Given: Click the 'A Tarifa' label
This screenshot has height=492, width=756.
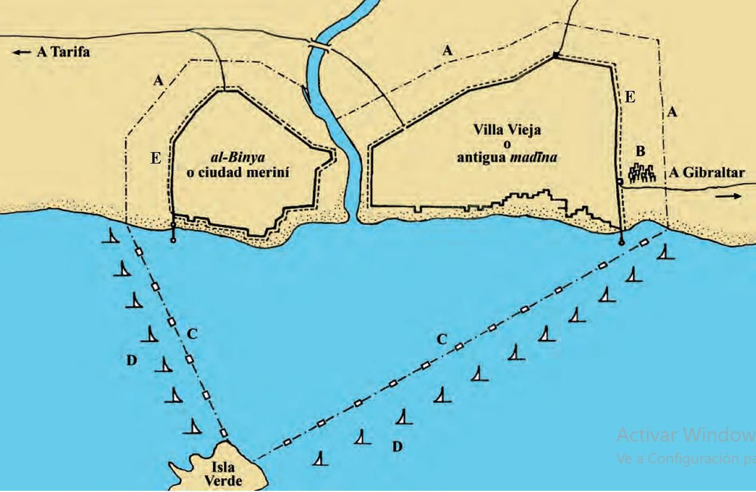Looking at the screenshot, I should pyautogui.click(x=63, y=51).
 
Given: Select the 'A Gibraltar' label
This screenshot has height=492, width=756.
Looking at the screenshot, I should pyautogui.click(x=706, y=173).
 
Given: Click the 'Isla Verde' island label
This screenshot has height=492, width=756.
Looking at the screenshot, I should pyautogui.click(x=223, y=474).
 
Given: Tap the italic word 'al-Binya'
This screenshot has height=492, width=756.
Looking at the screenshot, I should pyautogui.click(x=238, y=157).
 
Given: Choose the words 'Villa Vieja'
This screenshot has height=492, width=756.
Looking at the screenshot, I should pyautogui.click(x=507, y=129).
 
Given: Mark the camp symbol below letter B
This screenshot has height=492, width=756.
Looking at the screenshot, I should pyautogui.click(x=642, y=173).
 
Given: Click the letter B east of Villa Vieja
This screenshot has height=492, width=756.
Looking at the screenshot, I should pyautogui.click(x=640, y=151).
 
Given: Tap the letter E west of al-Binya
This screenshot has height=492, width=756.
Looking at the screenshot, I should pyautogui.click(x=155, y=158).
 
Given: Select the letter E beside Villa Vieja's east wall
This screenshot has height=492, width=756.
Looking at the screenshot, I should pyautogui.click(x=630, y=97).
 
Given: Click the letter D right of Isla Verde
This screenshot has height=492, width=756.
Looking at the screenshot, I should pyautogui.click(x=397, y=446).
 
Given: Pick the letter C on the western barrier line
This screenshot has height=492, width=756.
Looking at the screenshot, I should pyautogui.click(x=191, y=334).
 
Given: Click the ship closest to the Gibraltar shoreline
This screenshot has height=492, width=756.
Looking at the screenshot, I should pyautogui.click(x=666, y=252).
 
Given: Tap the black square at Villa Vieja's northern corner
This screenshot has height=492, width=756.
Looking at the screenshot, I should pyautogui.click(x=556, y=56).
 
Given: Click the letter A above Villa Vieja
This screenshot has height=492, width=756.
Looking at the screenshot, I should pyautogui.click(x=447, y=50).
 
